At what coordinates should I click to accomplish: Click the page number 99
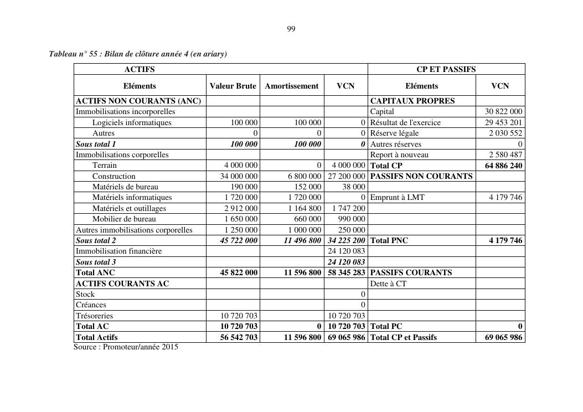291,29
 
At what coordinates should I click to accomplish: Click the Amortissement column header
292,86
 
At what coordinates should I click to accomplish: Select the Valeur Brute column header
233,86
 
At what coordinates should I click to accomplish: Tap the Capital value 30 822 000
502,111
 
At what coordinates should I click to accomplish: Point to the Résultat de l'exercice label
405,122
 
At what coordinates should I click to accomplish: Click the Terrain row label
105,165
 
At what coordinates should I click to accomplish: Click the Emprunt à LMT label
397,197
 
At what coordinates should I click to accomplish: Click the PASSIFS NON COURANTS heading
421,176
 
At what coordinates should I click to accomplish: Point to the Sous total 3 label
96,262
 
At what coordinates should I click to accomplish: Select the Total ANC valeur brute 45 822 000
239,272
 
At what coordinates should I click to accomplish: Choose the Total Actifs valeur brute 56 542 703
239,337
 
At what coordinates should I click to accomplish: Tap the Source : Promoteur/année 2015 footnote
126,347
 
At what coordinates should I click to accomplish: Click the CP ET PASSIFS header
446,69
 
